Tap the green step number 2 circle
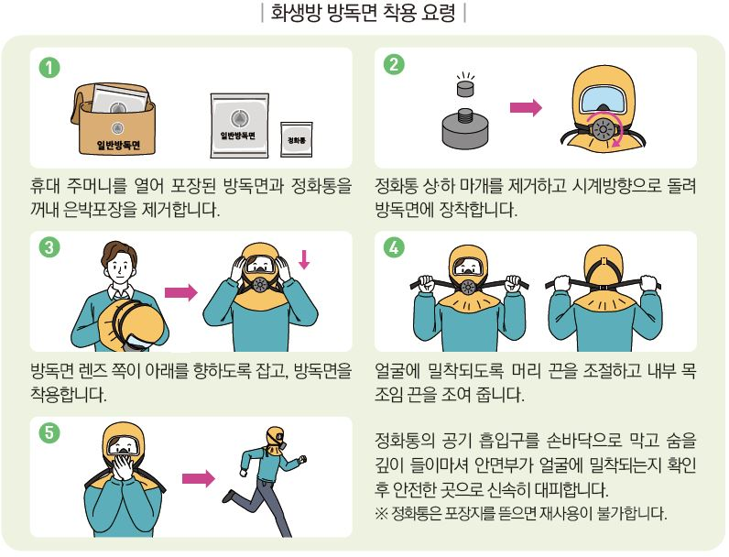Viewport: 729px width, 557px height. (x=392, y=66)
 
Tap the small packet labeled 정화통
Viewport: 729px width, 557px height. (x=297, y=140)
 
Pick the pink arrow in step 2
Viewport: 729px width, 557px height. (x=525, y=109)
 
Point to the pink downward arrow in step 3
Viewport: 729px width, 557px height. (x=305, y=259)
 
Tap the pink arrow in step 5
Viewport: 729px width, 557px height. (x=197, y=477)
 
